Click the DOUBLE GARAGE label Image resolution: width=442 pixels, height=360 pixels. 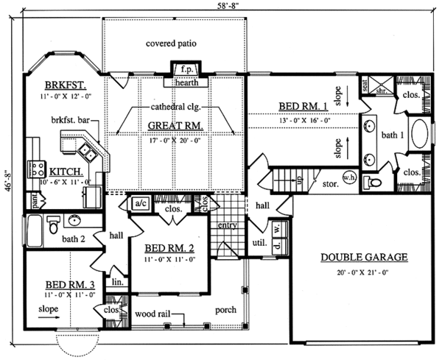click(365, 257)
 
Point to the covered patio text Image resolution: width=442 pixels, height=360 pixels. click(171, 43)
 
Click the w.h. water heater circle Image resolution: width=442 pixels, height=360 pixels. click(350, 177)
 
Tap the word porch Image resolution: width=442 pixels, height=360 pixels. click(225, 310)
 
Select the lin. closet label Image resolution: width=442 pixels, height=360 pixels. click(116, 282)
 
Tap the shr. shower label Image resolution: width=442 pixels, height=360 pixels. click(382, 92)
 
